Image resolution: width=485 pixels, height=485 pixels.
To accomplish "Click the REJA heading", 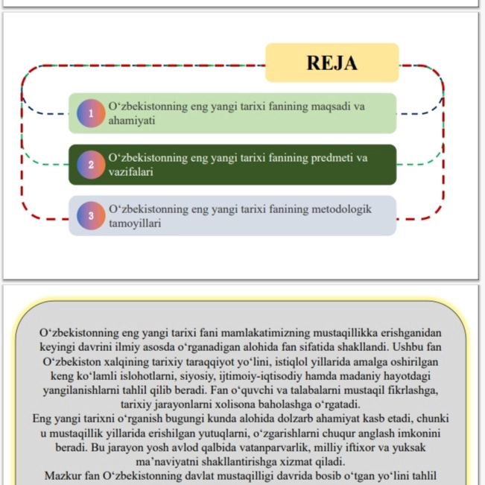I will pyautogui.click(x=332, y=63).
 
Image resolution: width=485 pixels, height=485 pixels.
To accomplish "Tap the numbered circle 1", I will pyautogui.click(x=91, y=114).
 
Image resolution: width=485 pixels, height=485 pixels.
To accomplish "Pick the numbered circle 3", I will pyautogui.click(x=91, y=216).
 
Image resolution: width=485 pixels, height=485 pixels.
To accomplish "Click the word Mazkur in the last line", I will pyautogui.click(x=63, y=476).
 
